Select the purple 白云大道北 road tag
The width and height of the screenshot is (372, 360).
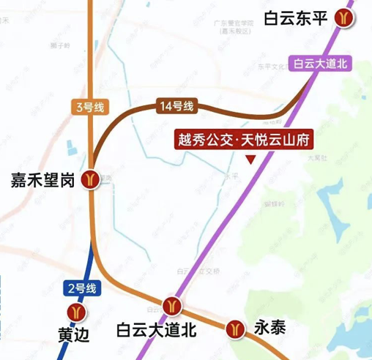click(x=321, y=64)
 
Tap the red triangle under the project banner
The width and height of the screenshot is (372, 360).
click(x=251, y=159)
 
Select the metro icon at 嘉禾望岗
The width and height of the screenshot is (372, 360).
click(x=91, y=179)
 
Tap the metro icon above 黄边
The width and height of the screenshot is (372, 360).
click(x=72, y=311)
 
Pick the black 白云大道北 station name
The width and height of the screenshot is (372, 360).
click(x=157, y=331)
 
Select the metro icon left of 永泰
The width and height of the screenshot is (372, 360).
click(x=235, y=327)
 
